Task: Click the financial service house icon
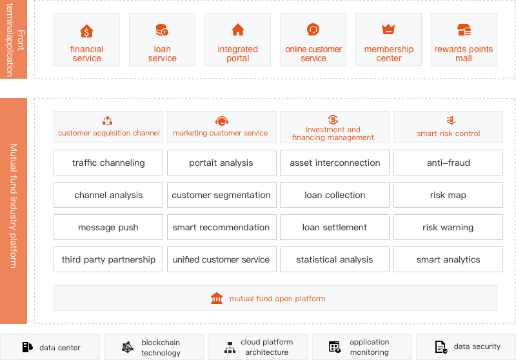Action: coord(86,31)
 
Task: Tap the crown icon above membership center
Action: coord(388,29)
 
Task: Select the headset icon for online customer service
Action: coord(313,29)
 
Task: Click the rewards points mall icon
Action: coord(464,30)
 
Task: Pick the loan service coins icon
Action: coord(162,30)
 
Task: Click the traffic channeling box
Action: coord(108,163)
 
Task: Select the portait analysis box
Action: coord(221,163)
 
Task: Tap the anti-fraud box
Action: coord(448,163)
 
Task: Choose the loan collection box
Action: coord(335,195)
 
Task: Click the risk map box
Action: coord(448,195)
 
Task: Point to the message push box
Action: coord(108,227)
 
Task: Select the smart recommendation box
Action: coord(221,227)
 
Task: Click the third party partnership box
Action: coord(108,259)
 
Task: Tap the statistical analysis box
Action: coord(335,259)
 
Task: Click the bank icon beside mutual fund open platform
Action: coord(217,298)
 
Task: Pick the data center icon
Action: coord(27,347)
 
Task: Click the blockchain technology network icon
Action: coord(128,347)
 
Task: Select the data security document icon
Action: coord(441,347)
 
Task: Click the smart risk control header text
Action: coord(448,134)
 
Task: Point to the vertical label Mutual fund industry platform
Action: coord(13,206)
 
